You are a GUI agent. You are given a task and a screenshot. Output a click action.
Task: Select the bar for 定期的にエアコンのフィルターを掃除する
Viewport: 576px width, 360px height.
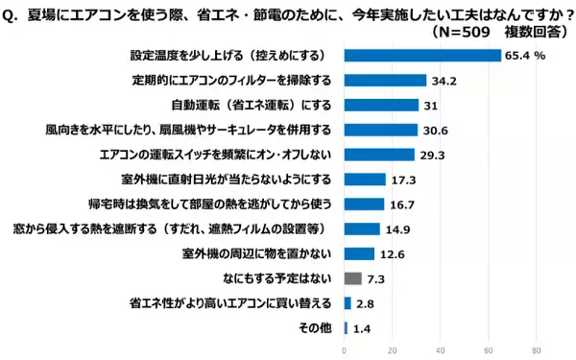tap(385, 81)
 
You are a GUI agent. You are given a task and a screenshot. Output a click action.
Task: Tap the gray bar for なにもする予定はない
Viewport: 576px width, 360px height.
tap(352, 278)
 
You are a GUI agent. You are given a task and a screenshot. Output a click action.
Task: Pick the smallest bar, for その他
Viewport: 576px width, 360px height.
tap(346, 328)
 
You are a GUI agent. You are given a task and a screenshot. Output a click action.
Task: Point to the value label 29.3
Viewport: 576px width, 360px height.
tap(432, 155)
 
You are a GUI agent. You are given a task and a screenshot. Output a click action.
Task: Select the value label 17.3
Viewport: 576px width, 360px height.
tap(403, 180)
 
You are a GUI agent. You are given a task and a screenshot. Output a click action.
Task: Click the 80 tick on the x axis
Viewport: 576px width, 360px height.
tap(537, 349)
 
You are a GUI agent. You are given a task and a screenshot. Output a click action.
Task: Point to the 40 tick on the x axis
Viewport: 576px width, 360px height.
tap(441, 349)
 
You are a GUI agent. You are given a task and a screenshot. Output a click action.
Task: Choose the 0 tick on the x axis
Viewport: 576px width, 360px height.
tap(345, 349)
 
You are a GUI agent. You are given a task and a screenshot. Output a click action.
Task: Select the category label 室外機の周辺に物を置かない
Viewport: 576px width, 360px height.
tap(257, 253)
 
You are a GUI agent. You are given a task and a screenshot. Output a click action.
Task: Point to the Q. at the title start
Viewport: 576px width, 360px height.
tap(13, 12)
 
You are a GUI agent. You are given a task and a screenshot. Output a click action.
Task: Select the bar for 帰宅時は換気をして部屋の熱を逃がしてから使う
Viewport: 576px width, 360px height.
tap(365, 204)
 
